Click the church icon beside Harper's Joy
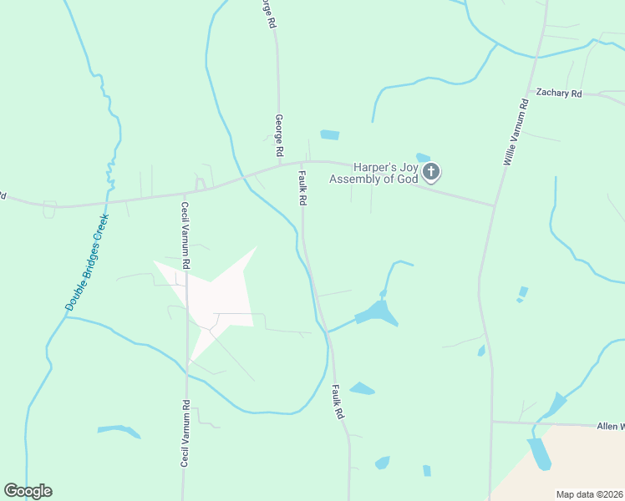tap(431, 173)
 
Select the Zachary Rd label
tap(558, 94)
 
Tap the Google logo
tap(28, 491)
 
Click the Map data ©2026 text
tap(589, 494)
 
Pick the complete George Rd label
tap(279, 137)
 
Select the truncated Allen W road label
tap(609, 426)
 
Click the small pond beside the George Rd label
tap(330, 134)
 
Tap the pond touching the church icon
tap(423, 157)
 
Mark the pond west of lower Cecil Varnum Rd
tap(118, 431)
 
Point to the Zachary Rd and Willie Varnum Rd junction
tap(528, 92)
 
